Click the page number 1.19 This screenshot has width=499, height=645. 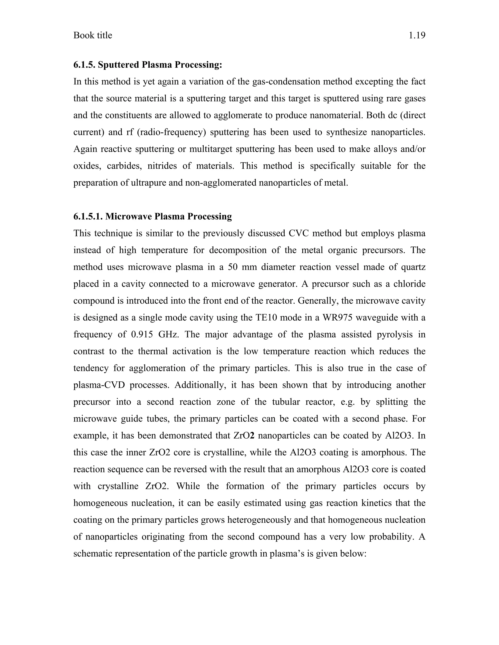pyautogui.click(x=417, y=36)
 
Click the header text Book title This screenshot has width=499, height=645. pyautogui.click(x=93, y=36)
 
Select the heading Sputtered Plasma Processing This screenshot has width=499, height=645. pyautogui.click(x=160, y=65)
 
